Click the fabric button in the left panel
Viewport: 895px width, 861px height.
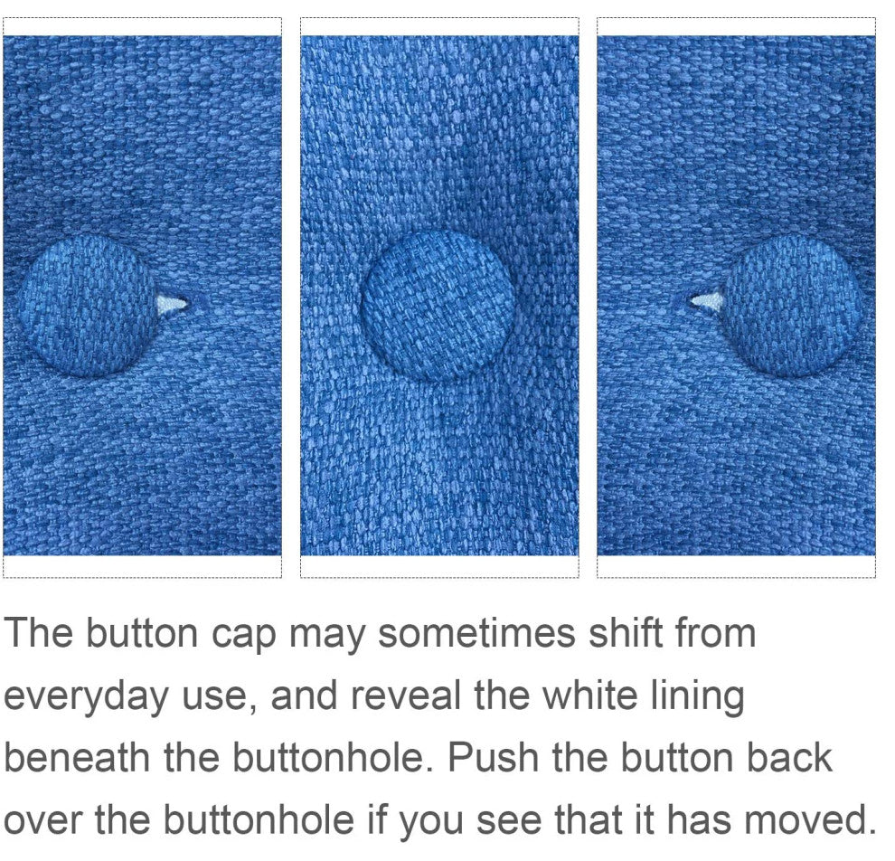pos(88,306)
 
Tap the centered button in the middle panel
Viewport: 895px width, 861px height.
pos(439,306)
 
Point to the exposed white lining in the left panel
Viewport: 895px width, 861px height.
pos(171,304)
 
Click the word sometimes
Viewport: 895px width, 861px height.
pos(477,634)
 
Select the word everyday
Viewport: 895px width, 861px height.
pos(86,697)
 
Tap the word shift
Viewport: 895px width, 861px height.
pos(625,634)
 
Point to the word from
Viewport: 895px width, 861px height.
pos(714,634)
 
